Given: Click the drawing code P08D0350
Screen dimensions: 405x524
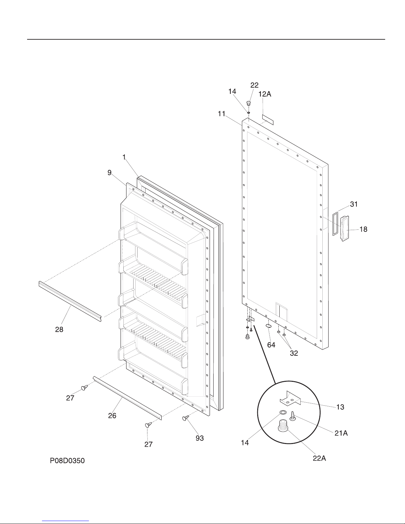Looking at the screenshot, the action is pyautogui.click(x=67, y=461).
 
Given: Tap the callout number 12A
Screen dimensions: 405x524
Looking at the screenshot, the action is pyautogui.click(x=265, y=94).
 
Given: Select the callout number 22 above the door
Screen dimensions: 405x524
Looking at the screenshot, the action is pyautogui.click(x=254, y=85).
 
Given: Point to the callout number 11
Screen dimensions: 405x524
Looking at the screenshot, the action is pyautogui.click(x=222, y=114).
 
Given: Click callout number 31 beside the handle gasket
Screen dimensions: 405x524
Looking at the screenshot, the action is pyautogui.click(x=354, y=204).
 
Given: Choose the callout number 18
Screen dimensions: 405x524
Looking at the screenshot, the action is pyautogui.click(x=363, y=229).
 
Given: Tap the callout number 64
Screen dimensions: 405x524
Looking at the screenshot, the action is pyautogui.click(x=271, y=345).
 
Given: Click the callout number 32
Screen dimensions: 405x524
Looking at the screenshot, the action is pyautogui.click(x=294, y=353).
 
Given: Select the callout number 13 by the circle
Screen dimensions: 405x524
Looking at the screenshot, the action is pyautogui.click(x=340, y=407).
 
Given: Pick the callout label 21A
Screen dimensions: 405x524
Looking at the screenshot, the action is pyautogui.click(x=341, y=433).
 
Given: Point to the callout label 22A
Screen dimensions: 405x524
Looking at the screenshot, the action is pyautogui.click(x=319, y=458).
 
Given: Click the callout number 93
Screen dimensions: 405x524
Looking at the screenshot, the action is pyautogui.click(x=200, y=438).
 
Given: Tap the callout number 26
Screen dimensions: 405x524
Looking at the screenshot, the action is pyautogui.click(x=112, y=416).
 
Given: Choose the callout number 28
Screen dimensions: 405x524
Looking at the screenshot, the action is pyautogui.click(x=59, y=329).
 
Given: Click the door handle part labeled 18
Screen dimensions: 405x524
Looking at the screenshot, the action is pyautogui.click(x=345, y=228).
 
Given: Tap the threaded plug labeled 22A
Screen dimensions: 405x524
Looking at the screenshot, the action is pyautogui.click(x=283, y=426).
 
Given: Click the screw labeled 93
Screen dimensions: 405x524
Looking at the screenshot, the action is pyautogui.click(x=185, y=418).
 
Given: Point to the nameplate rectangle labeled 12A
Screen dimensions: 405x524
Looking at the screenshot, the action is pyautogui.click(x=268, y=120).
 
